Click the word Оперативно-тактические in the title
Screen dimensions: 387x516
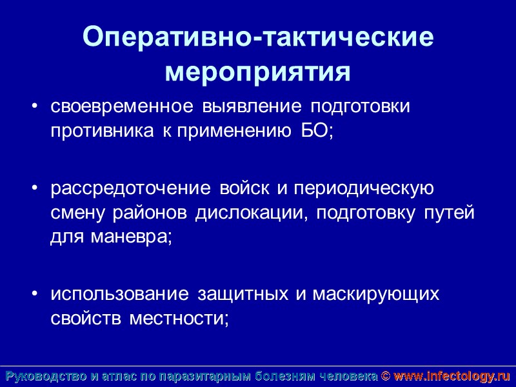click(258, 39)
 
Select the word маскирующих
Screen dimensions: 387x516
click(376, 295)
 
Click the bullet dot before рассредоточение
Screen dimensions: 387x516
click(35, 190)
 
